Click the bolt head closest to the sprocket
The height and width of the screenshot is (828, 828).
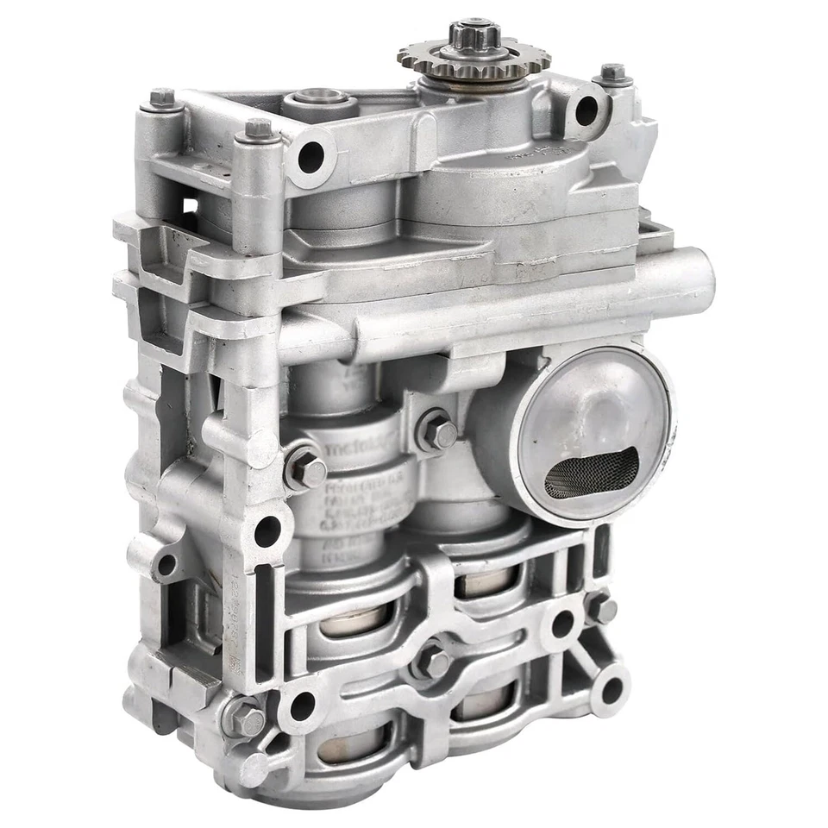612,74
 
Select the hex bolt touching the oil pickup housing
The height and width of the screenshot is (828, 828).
436,431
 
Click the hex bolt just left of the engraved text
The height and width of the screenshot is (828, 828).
306,470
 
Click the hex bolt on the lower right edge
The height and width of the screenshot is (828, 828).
600,609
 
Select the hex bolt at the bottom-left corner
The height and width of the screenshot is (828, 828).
244,718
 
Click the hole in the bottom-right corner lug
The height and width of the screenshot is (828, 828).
611,689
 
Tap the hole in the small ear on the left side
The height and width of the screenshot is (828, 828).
166,565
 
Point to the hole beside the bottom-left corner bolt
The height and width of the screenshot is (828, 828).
302,706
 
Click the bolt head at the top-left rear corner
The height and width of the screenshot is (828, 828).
162,99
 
